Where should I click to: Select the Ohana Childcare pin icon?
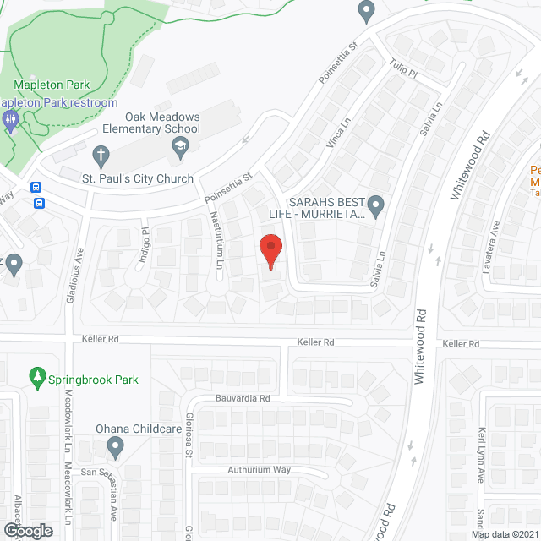tap(116, 445)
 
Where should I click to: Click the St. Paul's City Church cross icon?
tap(100, 156)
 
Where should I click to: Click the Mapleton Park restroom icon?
tap(10, 119)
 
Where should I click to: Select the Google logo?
tap(27, 530)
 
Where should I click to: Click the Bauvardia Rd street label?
tap(241, 397)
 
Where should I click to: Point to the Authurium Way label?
tap(259, 469)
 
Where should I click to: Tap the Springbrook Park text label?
tap(94, 380)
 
